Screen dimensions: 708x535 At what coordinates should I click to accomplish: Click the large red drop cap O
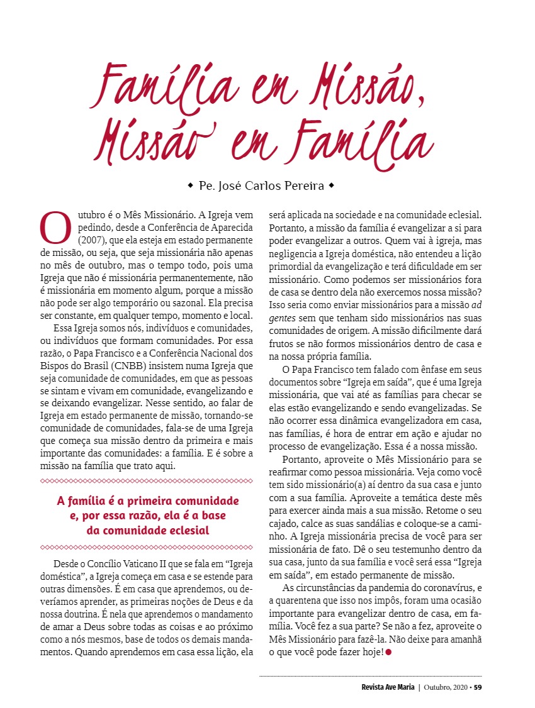(55, 228)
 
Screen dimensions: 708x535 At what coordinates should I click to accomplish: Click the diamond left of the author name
(190, 187)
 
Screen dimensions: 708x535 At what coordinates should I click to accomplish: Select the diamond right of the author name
(331, 187)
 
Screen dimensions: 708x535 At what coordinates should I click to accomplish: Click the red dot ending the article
(388, 653)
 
